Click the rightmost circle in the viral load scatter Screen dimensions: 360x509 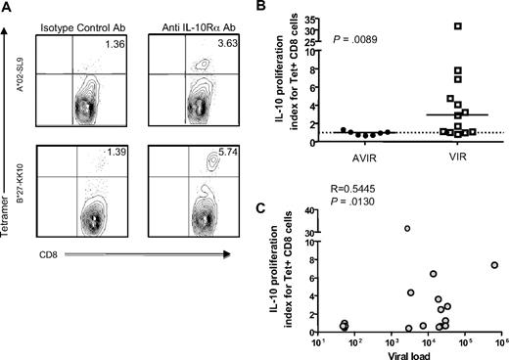pyautogui.click(x=494, y=265)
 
